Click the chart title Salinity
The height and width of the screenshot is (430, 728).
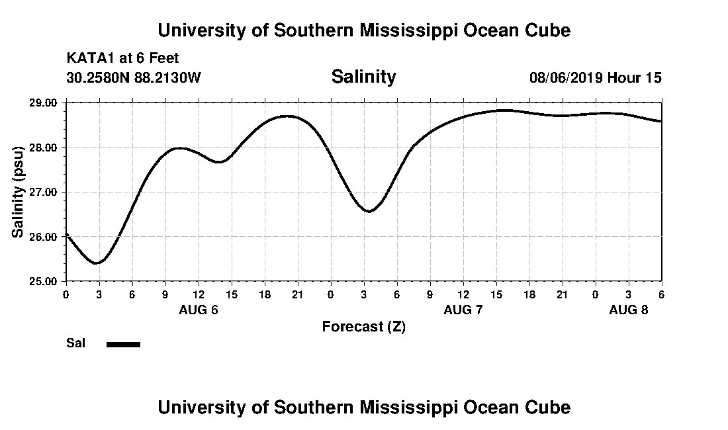coord(363,77)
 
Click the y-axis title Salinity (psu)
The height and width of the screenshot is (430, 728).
coord(18,192)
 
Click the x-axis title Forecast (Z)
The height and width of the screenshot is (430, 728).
coord(363,327)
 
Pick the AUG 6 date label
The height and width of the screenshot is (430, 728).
coord(199,310)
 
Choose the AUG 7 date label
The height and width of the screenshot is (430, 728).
coord(463,310)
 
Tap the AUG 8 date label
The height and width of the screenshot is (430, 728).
coord(629,310)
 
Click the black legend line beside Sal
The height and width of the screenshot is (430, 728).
coord(123,344)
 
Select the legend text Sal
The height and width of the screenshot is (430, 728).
coord(75,343)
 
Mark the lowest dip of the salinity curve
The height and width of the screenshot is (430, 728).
coord(97,263)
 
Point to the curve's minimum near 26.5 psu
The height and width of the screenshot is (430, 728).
coord(369,211)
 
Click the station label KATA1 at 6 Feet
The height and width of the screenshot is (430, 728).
coord(122,59)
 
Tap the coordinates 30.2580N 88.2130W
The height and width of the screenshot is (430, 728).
coord(133,77)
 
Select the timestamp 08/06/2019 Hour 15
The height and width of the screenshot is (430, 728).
coord(595,77)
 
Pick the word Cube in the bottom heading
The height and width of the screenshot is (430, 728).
coord(549,407)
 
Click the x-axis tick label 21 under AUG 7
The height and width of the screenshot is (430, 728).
coord(562,294)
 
